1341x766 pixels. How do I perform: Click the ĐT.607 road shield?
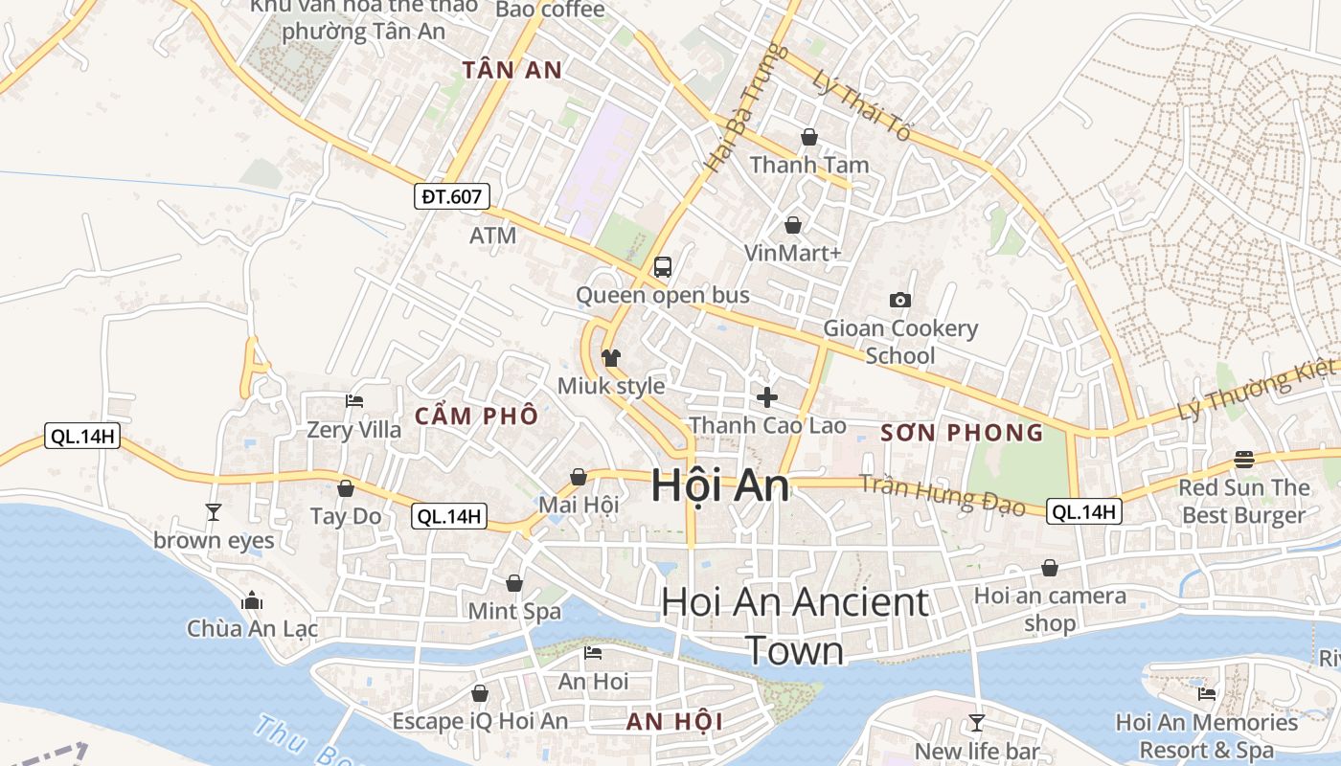tap(453, 197)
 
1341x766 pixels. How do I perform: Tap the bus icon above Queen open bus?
tap(662, 267)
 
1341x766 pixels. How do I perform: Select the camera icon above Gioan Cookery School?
tap(899, 301)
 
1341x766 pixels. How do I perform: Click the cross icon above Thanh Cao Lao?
tap(766, 396)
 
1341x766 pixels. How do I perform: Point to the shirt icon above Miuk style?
tap(611, 358)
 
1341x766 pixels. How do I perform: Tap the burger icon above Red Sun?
tap(1243, 460)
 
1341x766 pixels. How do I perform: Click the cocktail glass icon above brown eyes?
tap(214, 512)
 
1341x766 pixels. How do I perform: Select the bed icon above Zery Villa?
tap(354, 401)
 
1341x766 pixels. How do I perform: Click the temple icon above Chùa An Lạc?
tap(252, 601)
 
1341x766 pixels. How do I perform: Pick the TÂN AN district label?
tap(512, 70)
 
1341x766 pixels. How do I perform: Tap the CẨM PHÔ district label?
tap(476, 417)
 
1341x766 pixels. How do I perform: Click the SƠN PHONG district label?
tap(962, 433)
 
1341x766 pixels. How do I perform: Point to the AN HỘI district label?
tap(674, 722)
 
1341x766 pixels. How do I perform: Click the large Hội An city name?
tap(720, 485)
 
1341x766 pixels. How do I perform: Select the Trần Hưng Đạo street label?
tap(943, 495)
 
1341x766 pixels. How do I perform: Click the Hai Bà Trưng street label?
tap(745, 110)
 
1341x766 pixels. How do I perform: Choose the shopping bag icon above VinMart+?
tap(793, 225)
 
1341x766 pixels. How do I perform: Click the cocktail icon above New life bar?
tap(976, 722)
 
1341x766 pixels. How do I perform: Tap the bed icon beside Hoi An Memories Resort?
tap(1207, 694)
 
